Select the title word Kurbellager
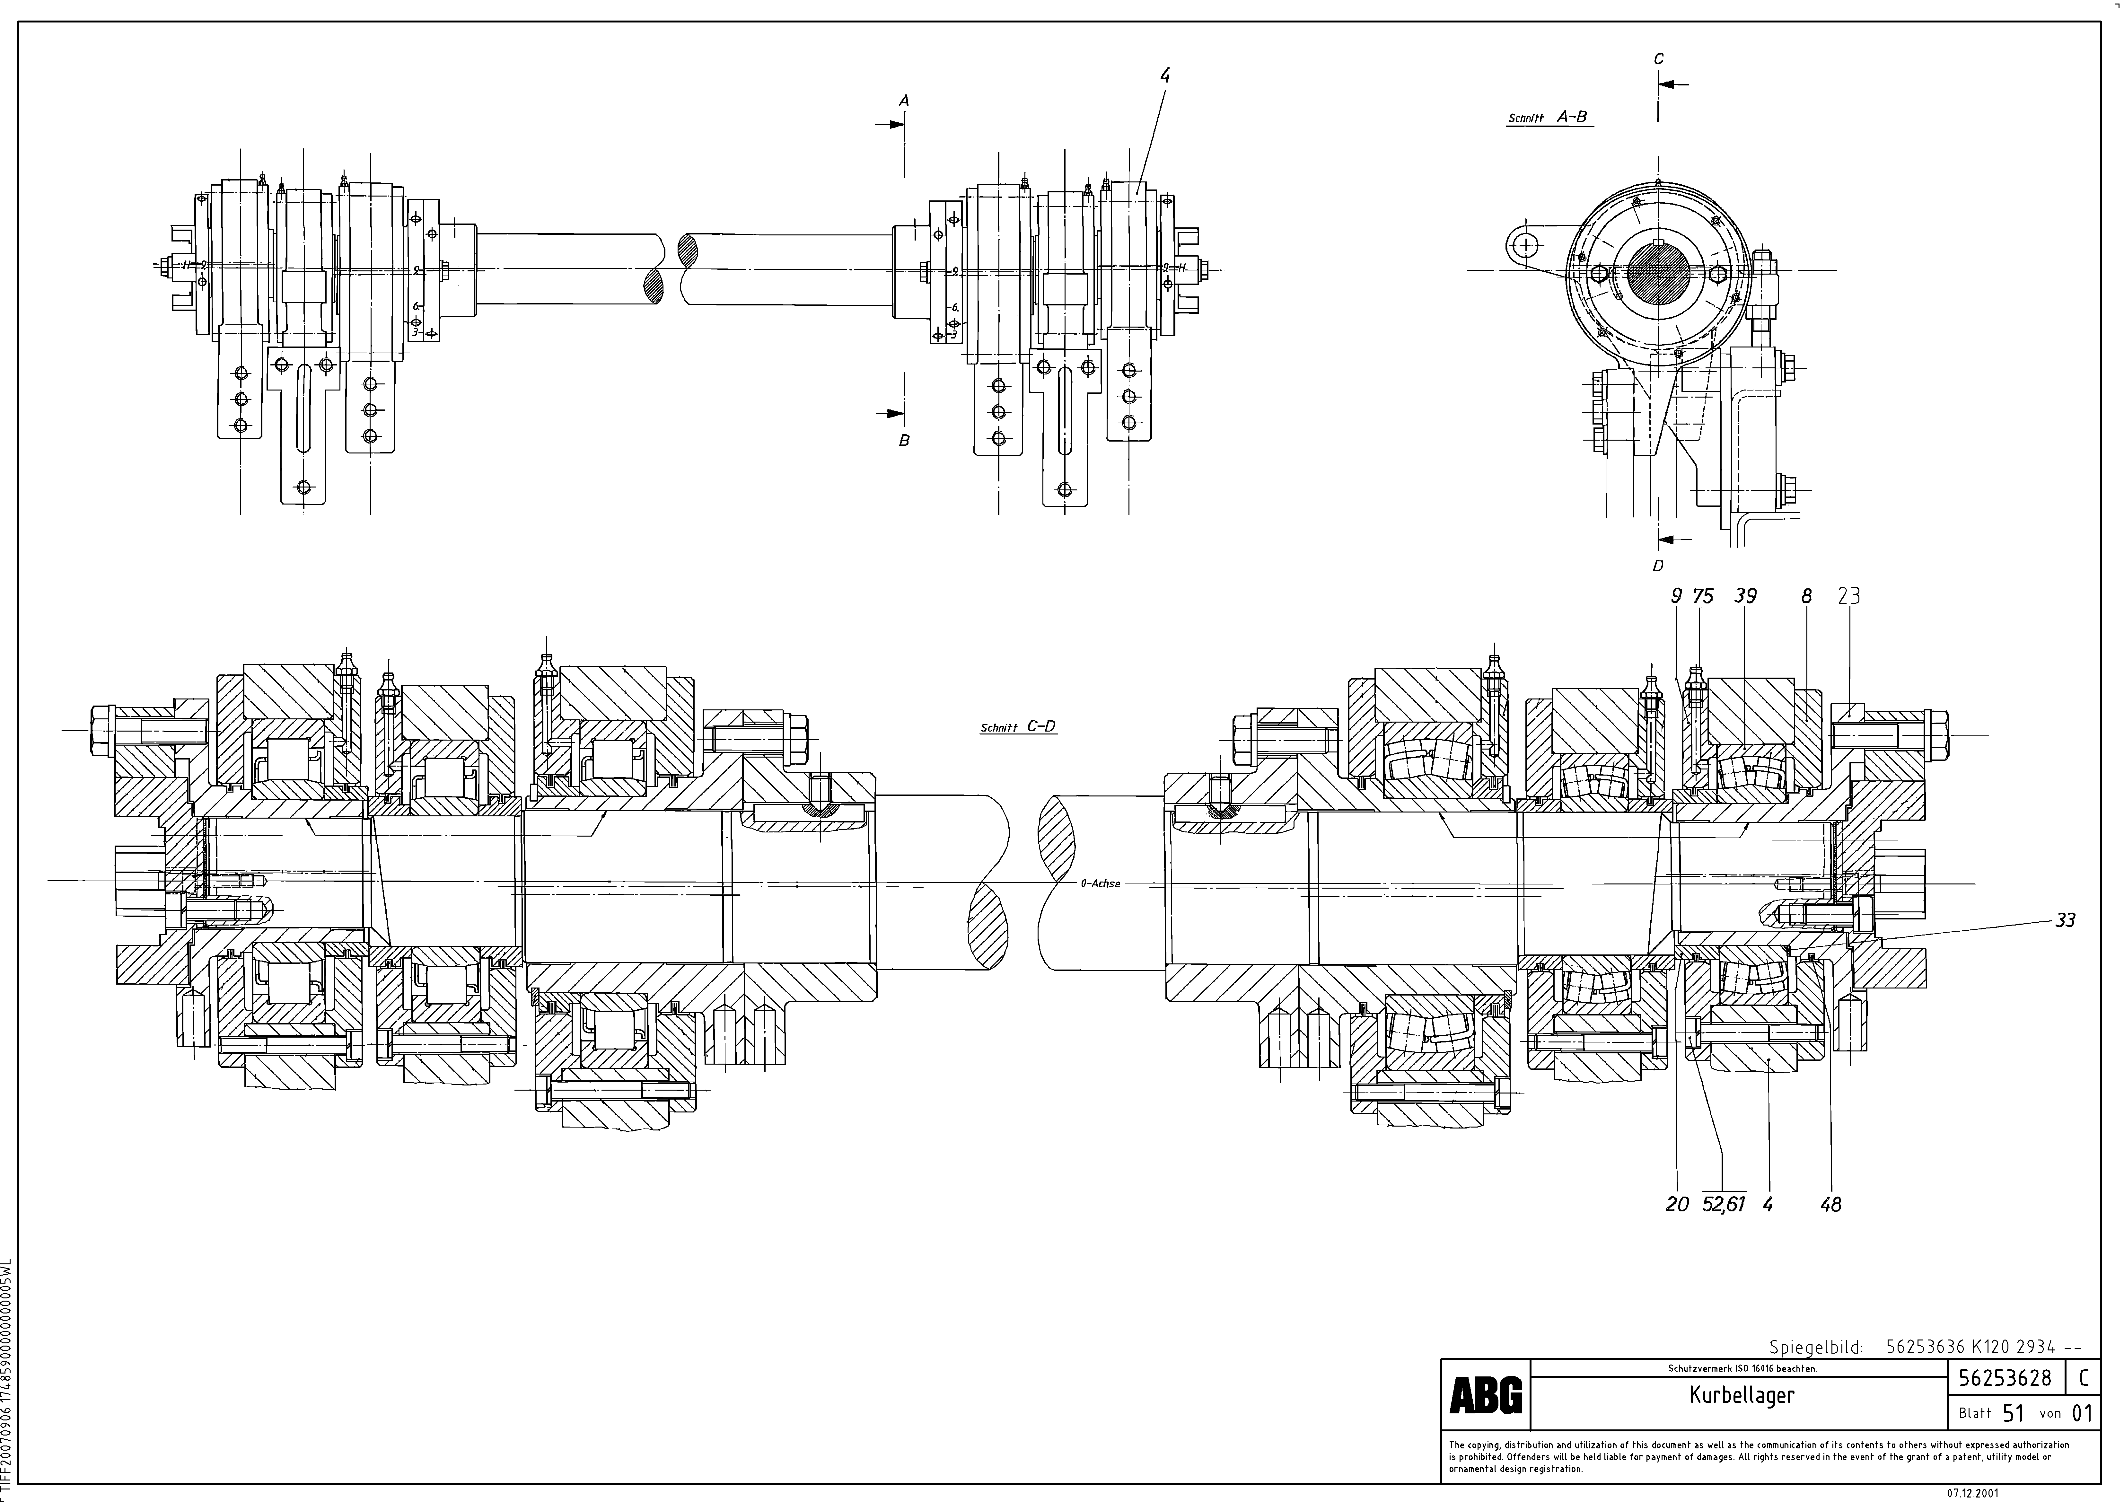coord(1741,1396)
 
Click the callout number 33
coord(2065,920)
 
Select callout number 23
coord(1848,597)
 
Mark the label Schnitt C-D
coord(1018,727)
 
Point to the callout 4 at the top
coord(1165,77)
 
